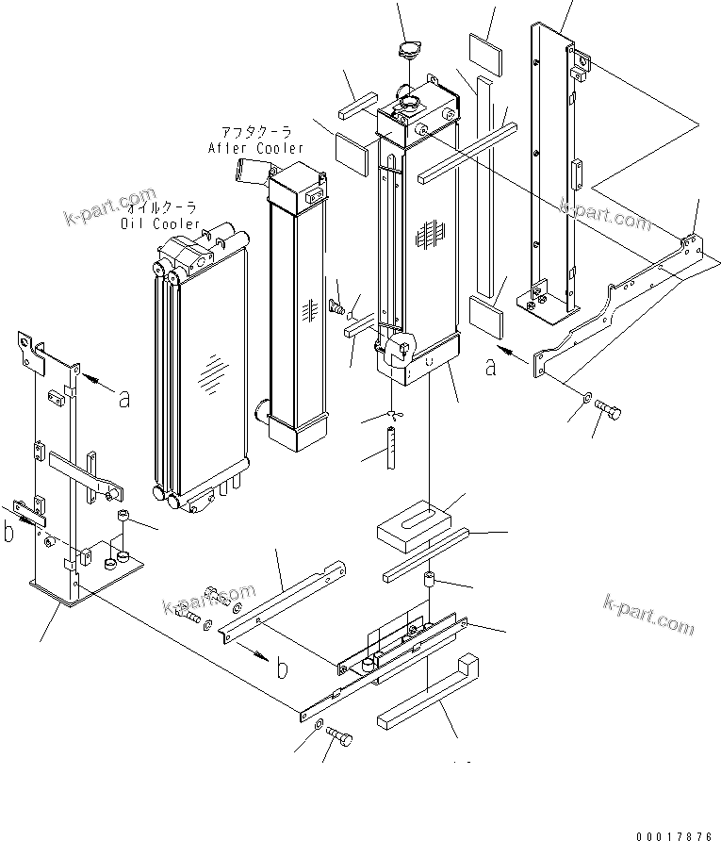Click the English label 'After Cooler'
(255, 148)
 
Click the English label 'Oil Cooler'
(160, 223)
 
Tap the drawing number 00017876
(674, 834)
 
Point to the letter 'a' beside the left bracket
(123, 398)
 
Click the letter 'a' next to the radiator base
(490, 367)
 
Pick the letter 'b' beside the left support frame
(8, 532)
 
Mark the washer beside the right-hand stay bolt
(588, 402)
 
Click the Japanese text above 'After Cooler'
(257, 132)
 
